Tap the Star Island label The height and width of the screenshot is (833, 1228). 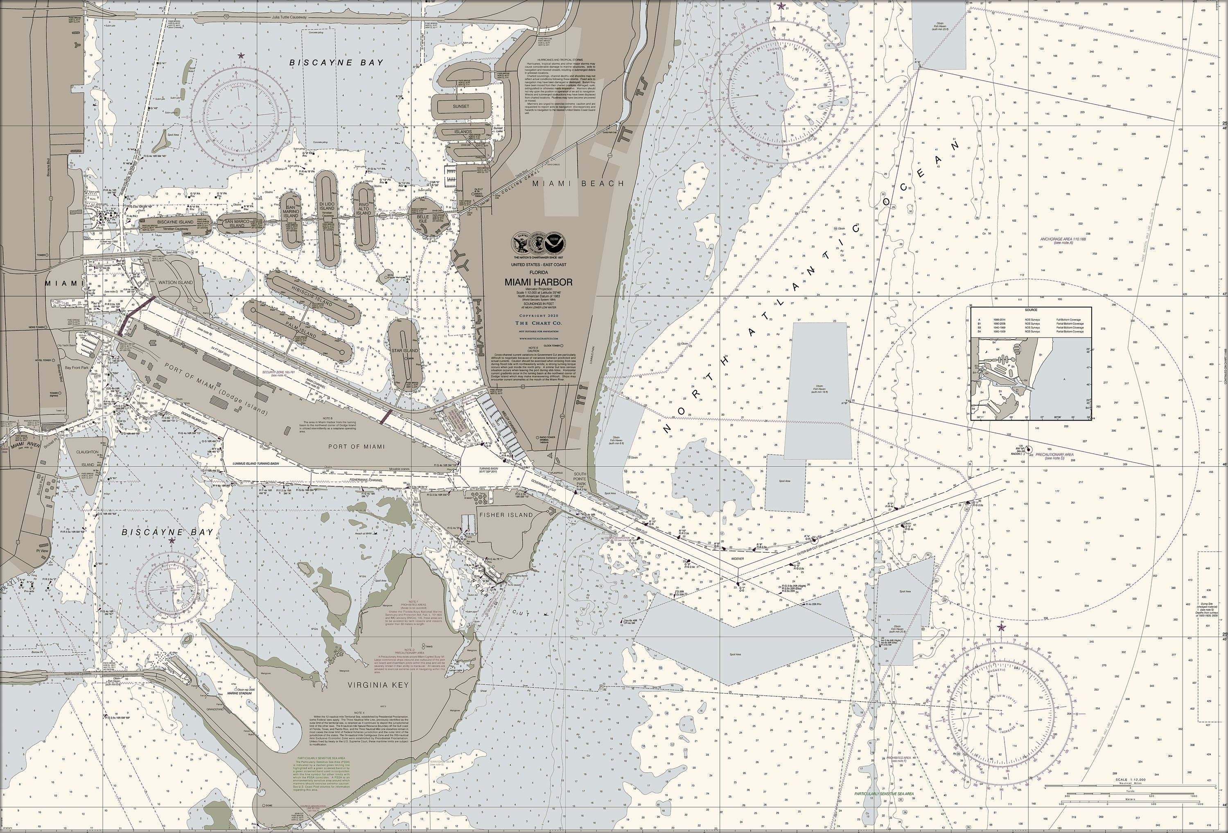[x=405, y=351]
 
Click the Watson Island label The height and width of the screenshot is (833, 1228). [x=176, y=283]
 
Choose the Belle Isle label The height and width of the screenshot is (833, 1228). [x=423, y=219]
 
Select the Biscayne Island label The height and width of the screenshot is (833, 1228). [x=176, y=222]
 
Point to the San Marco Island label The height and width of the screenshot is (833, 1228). [x=237, y=223]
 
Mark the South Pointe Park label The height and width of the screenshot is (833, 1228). [x=580, y=479]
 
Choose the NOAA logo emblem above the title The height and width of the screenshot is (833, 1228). [x=555, y=243]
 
